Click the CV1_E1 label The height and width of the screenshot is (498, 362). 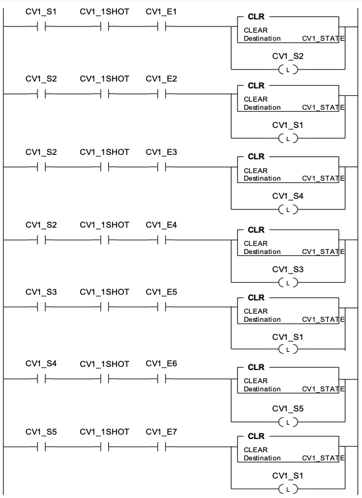161,12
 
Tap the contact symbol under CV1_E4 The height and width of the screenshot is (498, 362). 162,240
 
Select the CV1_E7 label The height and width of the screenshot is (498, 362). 161,432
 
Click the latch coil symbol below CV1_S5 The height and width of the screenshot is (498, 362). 288,422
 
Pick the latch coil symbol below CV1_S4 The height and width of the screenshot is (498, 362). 288,209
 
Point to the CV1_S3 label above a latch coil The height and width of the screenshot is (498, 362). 287,269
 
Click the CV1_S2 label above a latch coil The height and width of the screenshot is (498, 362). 287,56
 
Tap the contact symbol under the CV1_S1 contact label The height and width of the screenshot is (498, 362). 41,27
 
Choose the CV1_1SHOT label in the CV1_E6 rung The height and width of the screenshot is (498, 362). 105,364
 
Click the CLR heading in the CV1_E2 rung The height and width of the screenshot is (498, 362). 256,86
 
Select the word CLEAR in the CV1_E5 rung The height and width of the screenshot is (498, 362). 256,311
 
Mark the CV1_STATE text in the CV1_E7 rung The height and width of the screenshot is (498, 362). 323,458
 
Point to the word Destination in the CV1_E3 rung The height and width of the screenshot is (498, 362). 262,178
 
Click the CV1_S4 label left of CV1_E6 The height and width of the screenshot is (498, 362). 41,364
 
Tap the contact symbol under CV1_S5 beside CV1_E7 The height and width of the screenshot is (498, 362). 41,447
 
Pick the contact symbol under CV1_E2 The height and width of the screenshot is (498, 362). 162,94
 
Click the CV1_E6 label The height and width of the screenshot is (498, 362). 161,364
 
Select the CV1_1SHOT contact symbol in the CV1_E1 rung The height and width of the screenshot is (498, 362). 105,27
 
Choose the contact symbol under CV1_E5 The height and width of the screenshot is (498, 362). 162,307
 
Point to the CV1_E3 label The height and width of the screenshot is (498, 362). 161,152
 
